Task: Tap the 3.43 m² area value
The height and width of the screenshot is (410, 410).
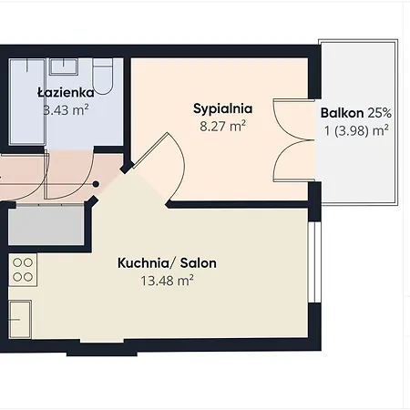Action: point(67,110)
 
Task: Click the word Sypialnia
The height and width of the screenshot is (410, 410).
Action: point(222,109)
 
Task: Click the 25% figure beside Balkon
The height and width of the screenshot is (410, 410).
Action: point(380,113)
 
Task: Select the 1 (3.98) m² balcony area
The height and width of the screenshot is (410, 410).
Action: point(357,130)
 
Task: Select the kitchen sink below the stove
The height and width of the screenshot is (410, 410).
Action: point(21,320)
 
